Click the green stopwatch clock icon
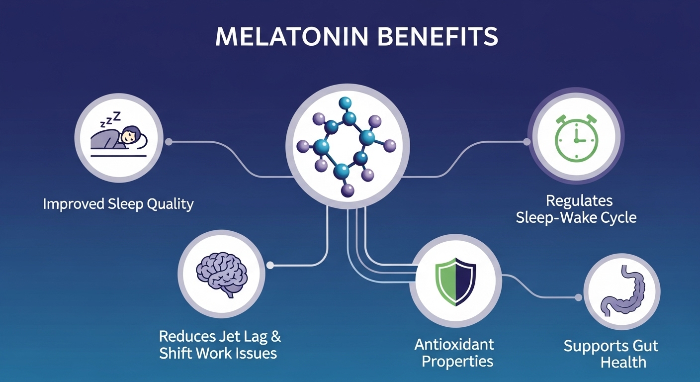576,137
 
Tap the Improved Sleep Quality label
118,204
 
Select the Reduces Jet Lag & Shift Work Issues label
219,345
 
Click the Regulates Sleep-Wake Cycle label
576,209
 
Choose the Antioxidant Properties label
455,352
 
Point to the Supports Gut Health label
611,354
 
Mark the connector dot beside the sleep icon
169,142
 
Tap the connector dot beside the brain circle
269,266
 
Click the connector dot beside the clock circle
527,142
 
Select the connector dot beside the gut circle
578,297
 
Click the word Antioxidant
455,344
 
